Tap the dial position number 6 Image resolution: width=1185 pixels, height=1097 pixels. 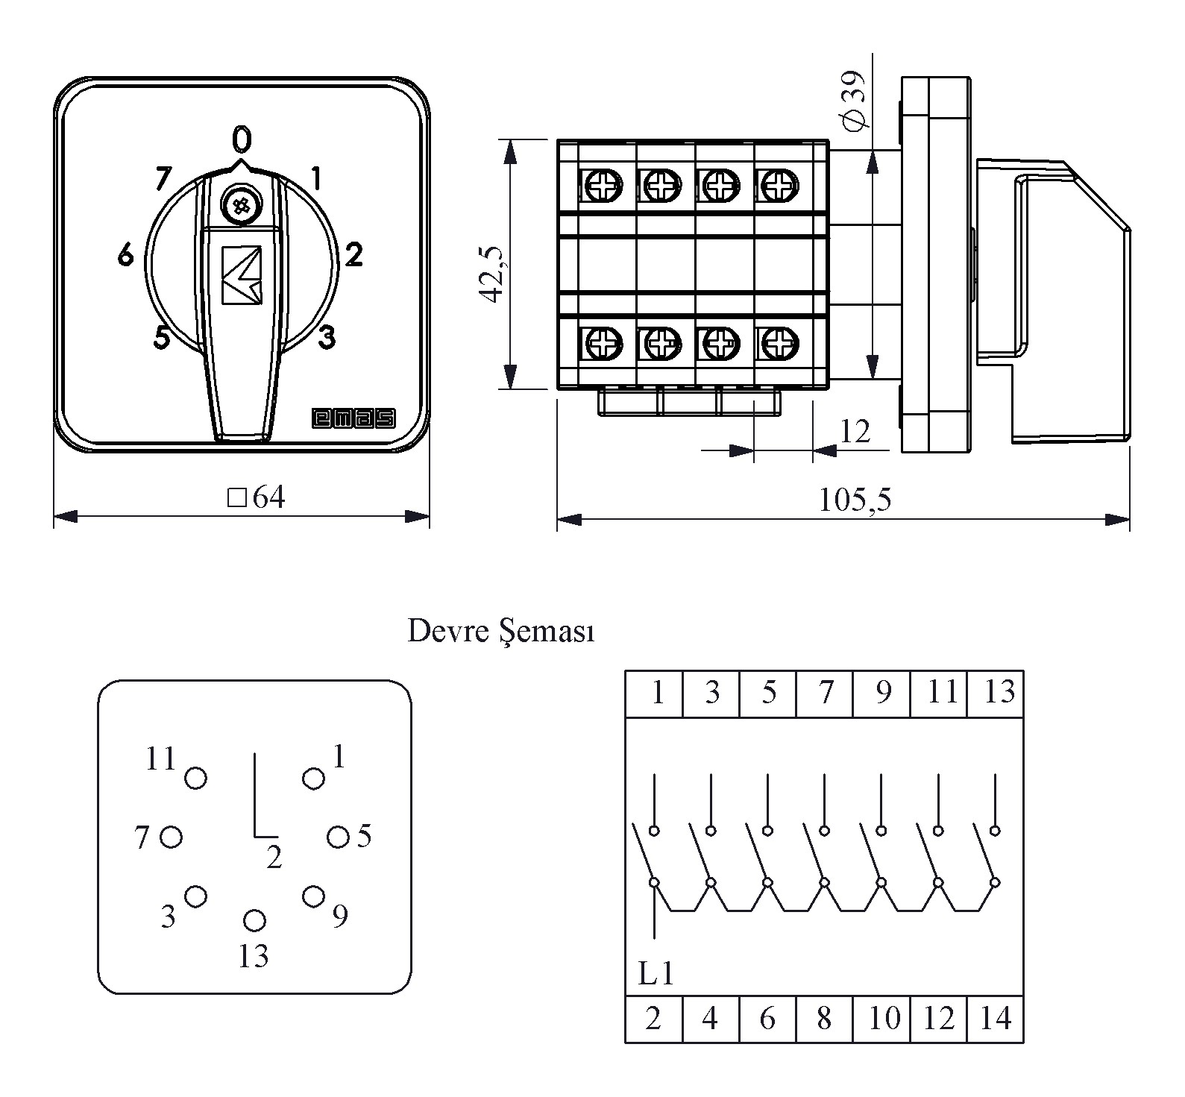pyautogui.click(x=125, y=256)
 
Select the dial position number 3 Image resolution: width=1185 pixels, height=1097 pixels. pyautogui.click(x=327, y=338)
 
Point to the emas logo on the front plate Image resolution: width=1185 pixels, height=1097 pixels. pyautogui.click(x=353, y=419)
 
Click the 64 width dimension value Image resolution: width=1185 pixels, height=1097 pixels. pyautogui.click(x=268, y=497)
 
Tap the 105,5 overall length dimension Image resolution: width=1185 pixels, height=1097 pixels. pyautogui.click(x=855, y=500)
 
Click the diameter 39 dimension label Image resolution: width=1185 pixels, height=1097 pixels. pyautogui.click(x=852, y=100)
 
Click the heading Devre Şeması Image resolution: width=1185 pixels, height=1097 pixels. pyautogui.click(x=500, y=632)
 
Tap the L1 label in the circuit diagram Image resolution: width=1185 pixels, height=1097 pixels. pyautogui.click(x=656, y=973)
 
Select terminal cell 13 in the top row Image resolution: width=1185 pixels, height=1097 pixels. pyautogui.click(x=998, y=693)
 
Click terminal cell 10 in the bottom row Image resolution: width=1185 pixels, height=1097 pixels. pyautogui.click(x=884, y=1018)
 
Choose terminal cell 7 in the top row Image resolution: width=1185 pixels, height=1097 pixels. pyautogui.click(x=825, y=693)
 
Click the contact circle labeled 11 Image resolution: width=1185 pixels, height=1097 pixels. pyautogui.click(x=195, y=779)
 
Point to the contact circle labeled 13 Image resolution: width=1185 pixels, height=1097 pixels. pyautogui.click(x=254, y=920)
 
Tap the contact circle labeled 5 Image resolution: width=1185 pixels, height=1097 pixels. pyautogui.click(x=338, y=837)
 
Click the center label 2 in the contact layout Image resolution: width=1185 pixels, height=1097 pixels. pyautogui.click(x=274, y=858)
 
